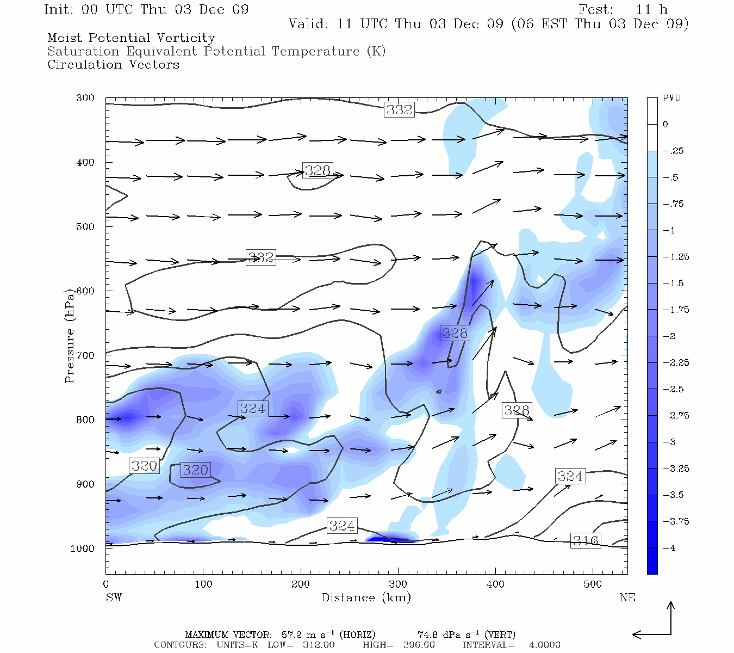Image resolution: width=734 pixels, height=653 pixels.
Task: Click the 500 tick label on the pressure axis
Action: click(85, 226)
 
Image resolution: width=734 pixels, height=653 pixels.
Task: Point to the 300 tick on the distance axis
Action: click(398, 584)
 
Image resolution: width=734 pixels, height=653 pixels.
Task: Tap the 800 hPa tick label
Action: click(85, 420)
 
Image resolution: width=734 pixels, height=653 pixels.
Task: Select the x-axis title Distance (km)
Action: click(366, 597)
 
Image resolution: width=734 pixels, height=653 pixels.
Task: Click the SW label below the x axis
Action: click(114, 597)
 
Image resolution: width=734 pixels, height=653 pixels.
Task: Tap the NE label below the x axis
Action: click(627, 597)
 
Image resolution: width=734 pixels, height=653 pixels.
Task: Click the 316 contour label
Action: click(586, 540)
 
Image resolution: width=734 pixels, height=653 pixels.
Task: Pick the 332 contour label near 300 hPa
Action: click(399, 109)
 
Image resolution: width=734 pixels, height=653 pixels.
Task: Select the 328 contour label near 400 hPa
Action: click(318, 170)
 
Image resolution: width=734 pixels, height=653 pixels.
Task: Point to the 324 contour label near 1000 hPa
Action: click(342, 526)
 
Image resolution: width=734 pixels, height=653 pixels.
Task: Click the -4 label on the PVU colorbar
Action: click(669, 547)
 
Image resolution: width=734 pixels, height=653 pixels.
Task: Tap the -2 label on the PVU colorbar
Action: click(669, 336)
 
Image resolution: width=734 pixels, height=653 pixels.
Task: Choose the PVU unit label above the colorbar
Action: click(671, 98)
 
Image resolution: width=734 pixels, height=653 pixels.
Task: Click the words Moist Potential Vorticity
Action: click(131, 38)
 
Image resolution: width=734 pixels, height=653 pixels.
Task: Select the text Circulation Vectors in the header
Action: click(113, 64)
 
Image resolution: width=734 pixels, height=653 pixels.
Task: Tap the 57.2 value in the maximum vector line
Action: click(291, 634)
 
